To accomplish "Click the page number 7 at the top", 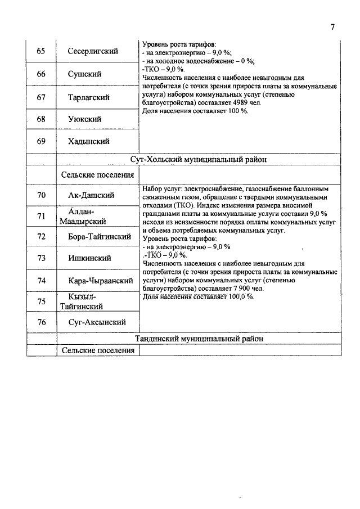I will (x=332, y=27).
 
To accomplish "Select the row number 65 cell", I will (x=41, y=51).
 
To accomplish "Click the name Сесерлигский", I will (x=92, y=51).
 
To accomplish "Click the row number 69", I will (x=41, y=141).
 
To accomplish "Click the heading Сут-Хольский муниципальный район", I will (x=199, y=159).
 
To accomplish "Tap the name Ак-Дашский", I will (x=92, y=195).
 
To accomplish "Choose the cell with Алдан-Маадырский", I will (x=83, y=216).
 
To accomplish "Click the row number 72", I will (x=41, y=236).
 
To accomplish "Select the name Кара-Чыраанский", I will (x=101, y=280).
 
